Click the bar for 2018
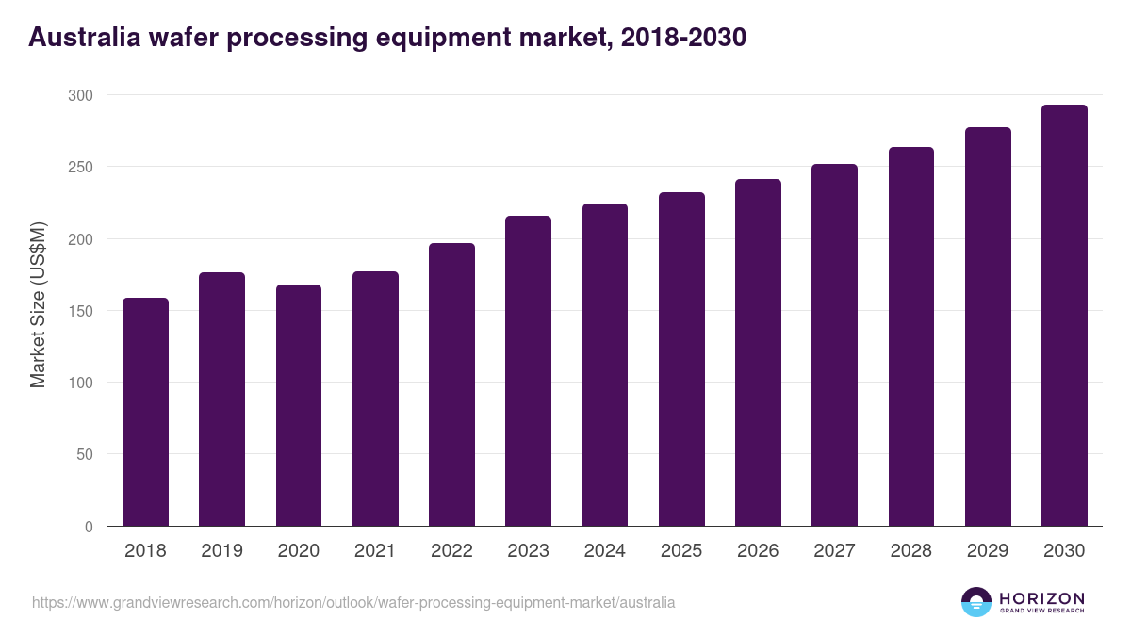145,412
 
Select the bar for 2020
299,405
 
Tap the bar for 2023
528,371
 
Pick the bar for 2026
758,352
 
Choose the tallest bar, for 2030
1064,316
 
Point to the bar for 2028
910,336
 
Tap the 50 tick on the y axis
84,454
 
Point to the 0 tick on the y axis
89,527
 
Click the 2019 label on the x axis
221,551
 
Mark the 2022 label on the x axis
451,551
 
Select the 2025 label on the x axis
681,551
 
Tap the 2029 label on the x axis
988,551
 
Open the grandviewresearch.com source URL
353,602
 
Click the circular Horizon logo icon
976,602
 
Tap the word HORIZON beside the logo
1041,597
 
